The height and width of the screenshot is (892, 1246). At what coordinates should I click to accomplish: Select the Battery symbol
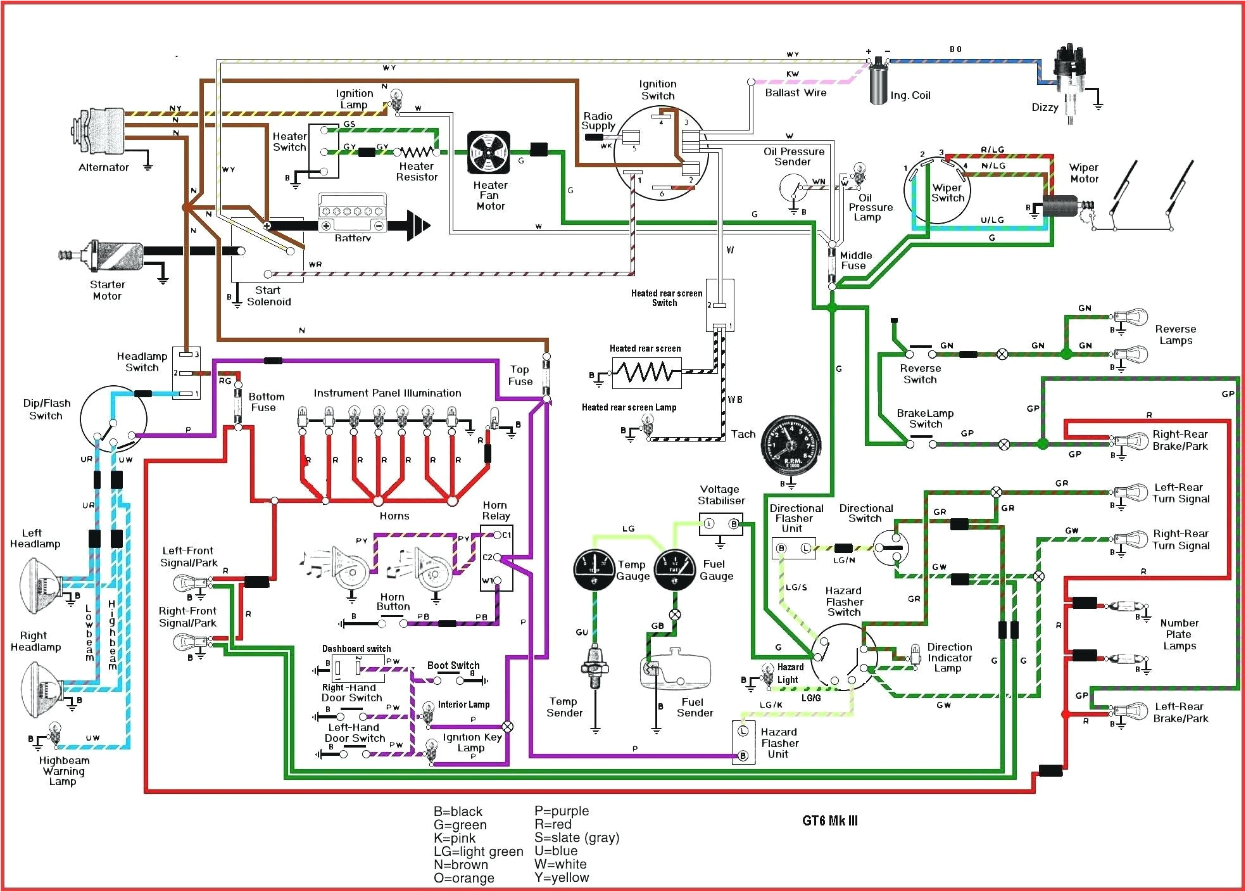352,215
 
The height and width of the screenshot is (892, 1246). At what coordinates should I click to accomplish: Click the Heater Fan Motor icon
488,153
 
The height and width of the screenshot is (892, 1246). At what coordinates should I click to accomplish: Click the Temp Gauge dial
595,569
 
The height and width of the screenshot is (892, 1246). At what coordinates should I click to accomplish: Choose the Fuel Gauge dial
675,569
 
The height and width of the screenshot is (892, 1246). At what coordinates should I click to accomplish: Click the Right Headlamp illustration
41,688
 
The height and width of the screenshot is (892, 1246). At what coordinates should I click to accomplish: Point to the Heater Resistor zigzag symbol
416,152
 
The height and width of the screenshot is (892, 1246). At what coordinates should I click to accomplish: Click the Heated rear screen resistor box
646,373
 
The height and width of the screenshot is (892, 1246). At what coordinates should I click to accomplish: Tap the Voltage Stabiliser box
721,524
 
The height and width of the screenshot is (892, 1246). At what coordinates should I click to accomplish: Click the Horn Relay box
496,557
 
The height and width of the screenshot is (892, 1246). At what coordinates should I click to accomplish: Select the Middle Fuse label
855,260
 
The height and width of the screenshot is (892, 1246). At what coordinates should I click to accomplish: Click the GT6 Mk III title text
829,821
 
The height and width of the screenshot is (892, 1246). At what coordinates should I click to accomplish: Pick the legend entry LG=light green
478,851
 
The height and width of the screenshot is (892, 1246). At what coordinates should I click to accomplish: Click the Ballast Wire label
795,93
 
